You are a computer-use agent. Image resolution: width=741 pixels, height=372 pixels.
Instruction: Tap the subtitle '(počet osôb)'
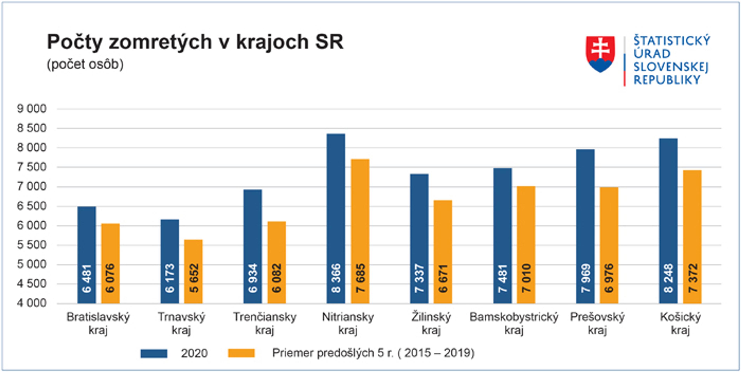pos(85,64)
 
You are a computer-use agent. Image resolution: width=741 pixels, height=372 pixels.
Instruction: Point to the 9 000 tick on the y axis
pos(32,109)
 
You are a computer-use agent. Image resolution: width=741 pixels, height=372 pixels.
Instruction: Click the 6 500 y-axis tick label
pos(32,206)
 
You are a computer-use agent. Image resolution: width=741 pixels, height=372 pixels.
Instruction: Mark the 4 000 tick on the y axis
pos(32,303)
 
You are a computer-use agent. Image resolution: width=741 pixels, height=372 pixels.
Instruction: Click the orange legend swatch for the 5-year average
pos(241,353)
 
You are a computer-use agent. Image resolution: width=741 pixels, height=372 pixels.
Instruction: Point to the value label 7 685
pos(360,278)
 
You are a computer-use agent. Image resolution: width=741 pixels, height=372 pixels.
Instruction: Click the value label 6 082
pos(277,278)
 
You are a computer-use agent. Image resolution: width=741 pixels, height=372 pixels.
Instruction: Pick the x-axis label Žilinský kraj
pos(431,323)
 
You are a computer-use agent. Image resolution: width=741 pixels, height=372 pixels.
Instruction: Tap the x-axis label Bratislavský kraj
pos(98,323)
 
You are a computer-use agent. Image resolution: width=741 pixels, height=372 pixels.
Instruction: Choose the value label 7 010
pos(526,278)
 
